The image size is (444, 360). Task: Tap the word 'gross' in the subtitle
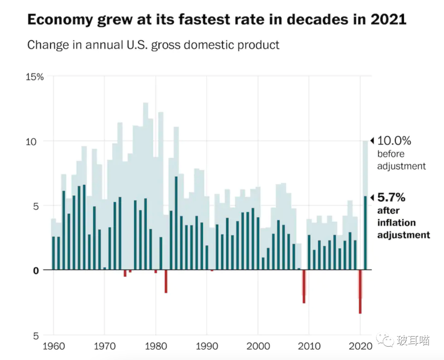[x=167, y=45]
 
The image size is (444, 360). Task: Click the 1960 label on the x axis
[x=53, y=346]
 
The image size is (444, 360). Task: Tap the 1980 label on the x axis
[x=156, y=346]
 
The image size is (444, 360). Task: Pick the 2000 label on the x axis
[x=258, y=346]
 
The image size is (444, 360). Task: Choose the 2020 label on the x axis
[x=361, y=346]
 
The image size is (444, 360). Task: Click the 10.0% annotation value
[x=394, y=141]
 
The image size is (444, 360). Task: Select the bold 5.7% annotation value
[x=391, y=198]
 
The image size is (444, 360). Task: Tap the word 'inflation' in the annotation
[x=396, y=223]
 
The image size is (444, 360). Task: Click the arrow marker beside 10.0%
[x=372, y=141]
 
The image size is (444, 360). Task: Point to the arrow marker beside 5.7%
[x=372, y=198]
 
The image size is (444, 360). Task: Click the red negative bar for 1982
[x=166, y=282]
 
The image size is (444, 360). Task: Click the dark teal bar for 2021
[x=365, y=233]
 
